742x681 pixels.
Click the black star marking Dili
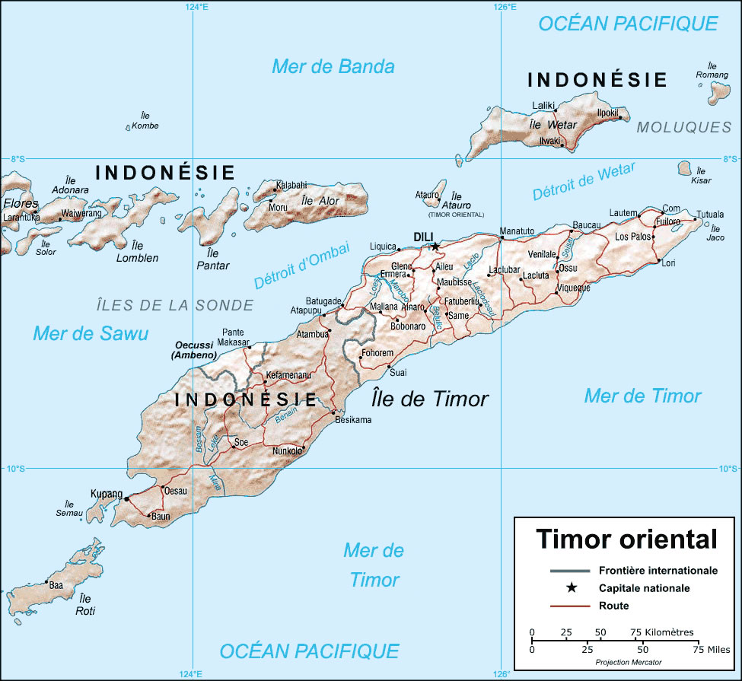pyautogui.click(x=435, y=246)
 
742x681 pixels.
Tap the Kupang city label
pyautogui.click(x=106, y=494)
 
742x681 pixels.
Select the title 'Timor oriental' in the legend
pyautogui.click(x=626, y=539)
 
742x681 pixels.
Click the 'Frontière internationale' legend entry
pyautogui.click(x=658, y=569)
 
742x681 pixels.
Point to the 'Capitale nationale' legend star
pyautogui.click(x=570, y=587)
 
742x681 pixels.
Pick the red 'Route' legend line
pyautogui.click(x=570, y=606)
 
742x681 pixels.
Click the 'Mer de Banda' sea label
pyautogui.click(x=333, y=66)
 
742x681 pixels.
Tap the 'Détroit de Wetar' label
pyautogui.click(x=584, y=181)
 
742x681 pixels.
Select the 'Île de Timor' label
pyautogui.click(x=430, y=399)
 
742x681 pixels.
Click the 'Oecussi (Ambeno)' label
pyautogui.click(x=194, y=350)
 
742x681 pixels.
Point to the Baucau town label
pyautogui.click(x=586, y=225)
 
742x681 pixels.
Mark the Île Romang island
pyautogui.click(x=717, y=91)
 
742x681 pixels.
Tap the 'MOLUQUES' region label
pyautogui.click(x=683, y=127)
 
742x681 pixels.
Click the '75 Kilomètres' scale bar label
pyautogui.click(x=661, y=632)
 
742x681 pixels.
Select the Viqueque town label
pyautogui.click(x=574, y=288)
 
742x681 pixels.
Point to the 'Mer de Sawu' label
pyautogui.click(x=91, y=333)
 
